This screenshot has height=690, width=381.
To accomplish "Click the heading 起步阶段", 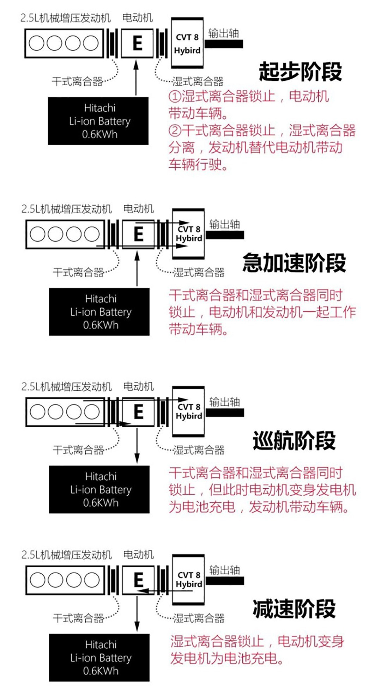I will [300, 72].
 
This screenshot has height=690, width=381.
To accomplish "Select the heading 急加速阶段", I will [294, 263].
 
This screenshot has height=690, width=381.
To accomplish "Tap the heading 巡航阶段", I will [294, 441].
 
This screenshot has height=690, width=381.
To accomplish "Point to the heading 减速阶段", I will [294, 609].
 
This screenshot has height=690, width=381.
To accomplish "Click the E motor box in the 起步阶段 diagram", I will [137, 43].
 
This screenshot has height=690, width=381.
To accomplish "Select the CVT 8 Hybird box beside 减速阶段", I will [188, 580].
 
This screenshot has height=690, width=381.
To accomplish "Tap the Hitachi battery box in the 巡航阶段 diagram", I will [99, 489].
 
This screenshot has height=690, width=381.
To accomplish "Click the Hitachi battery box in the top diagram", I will [98, 121].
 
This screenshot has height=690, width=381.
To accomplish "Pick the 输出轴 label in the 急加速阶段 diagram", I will [224, 224].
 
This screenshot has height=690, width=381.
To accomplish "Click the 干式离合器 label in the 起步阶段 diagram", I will [77, 81].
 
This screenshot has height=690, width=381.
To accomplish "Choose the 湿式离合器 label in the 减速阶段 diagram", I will [199, 618].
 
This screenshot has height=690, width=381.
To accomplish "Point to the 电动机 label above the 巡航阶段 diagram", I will [138, 386].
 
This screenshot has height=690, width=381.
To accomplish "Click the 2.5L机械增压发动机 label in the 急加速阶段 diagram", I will [66, 209].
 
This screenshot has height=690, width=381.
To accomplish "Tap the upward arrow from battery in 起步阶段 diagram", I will [136, 78].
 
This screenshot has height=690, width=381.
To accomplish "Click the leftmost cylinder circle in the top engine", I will [36, 43].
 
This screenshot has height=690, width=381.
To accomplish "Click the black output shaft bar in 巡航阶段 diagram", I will [225, 413].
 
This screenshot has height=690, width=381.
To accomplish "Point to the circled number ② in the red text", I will [175, 131].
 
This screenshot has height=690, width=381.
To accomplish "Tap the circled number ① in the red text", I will [175, 96].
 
